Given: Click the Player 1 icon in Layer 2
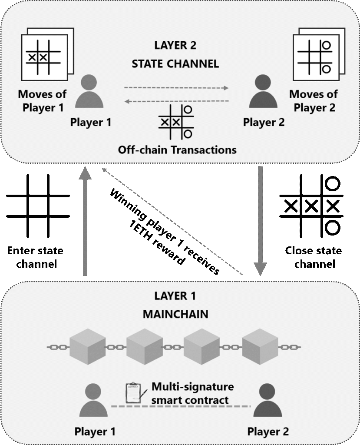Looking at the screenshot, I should pyautogui.click(x=89, y=92).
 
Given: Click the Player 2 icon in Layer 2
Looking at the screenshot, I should pyautogui.click(x=263, y=92).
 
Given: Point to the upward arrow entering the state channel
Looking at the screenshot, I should pyautogui.click(x=85, y=222).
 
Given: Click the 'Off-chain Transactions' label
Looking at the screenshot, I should pyautogui.click(x=177, y=150).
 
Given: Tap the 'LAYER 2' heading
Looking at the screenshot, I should pyautogui.click(x=175, y=46).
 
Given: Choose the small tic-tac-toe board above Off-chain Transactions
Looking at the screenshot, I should pyautogui.click(x=176, y=122).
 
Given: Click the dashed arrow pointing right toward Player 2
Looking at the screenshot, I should pyautogui.click(x=176, y=88).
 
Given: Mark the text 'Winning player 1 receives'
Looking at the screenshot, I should pyautogui.click(x=165, y=230).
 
